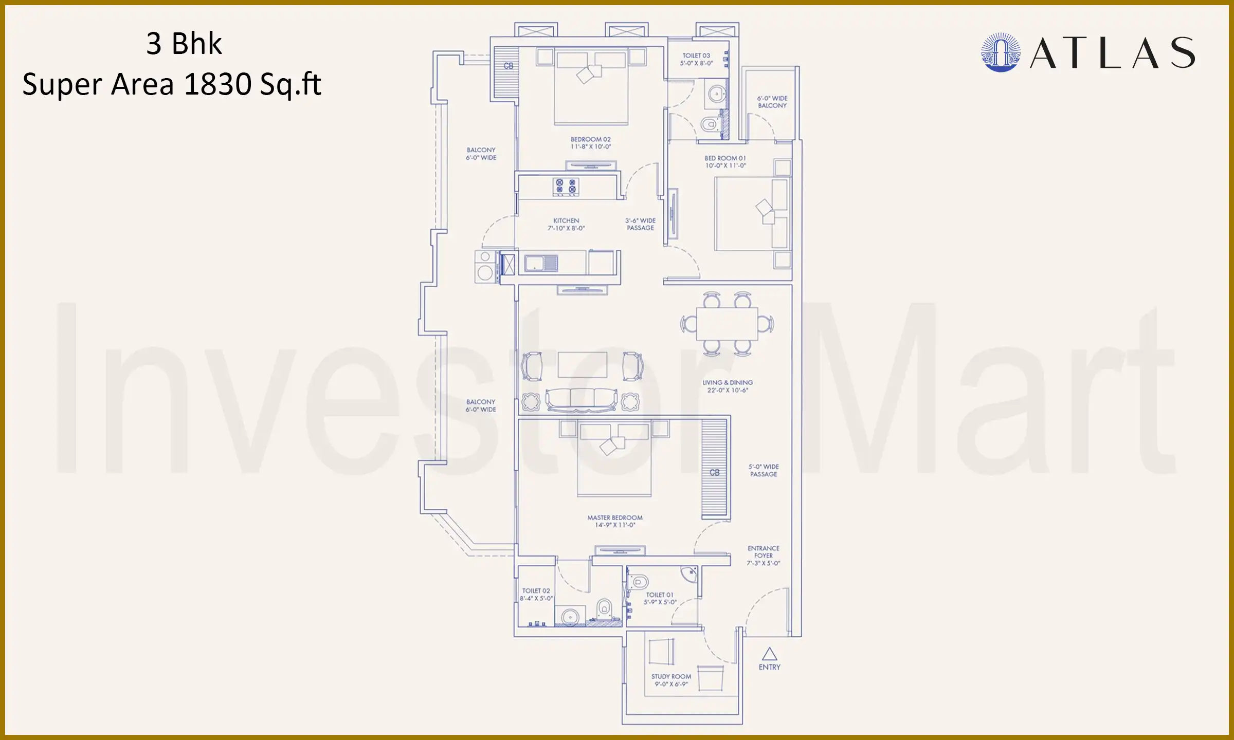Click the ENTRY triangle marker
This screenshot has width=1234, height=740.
[x=769, y=654]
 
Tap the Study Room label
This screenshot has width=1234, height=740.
[x=671, y=680]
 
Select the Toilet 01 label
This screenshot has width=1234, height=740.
[x=660, y=598]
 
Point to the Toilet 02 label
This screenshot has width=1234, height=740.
[x=536, y=595]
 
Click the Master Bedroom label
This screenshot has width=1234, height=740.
[x=615, y=521]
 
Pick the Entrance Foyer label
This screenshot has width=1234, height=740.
[x=764, y=556]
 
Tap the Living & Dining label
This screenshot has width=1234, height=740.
[x=728, y=386]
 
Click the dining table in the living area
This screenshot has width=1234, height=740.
[x=727, y=324]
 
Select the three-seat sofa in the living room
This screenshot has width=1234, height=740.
[x=582, y=400]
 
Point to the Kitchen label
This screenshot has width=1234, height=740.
[x=566, y=224]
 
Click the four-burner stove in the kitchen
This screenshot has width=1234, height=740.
[x=566, y=187]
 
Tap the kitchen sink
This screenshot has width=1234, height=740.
[x=540, y=264]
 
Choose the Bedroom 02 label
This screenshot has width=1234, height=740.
[x=591, y=143]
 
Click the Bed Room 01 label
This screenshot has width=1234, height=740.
[x=725, y=162]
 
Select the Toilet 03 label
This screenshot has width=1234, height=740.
[x=696, y=59]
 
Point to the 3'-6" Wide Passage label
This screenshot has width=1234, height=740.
[x=640, y=224]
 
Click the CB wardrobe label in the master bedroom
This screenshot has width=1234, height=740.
[x=715, y=472]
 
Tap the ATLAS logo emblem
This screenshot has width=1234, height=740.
[x=1001, y=52]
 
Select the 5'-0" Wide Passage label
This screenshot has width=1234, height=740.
[x=764, y=470]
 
